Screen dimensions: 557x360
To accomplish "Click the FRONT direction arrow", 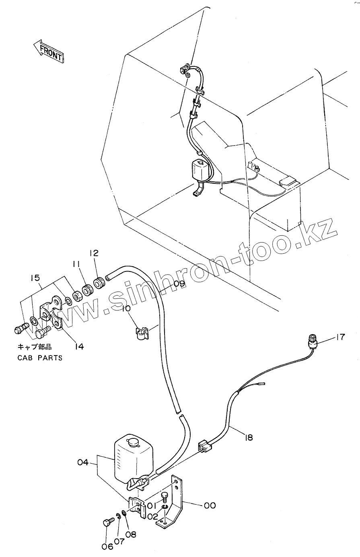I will pyautogui.click(x=48, y=51).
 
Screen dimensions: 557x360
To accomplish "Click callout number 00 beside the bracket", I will pyautogui.click(x=210, y=506).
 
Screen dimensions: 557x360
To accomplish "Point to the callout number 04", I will pyautogui.click(x=83, y=462).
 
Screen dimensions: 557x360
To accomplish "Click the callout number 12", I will pyautogui.click(x=94, y=253).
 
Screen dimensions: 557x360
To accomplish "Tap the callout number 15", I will pyautogui.click(x=35, y=277).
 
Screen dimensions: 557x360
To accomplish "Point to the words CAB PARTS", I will pyautogui.click(x=40, y=358).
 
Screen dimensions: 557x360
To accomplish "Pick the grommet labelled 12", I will pyautogui.click(x=99, y=283).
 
